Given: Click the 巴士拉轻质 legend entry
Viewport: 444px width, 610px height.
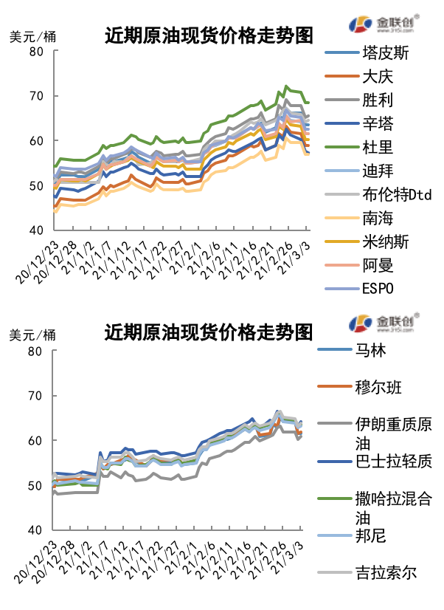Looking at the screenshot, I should pos(392,461).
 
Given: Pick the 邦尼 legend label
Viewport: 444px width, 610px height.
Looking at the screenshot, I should pos(370,535).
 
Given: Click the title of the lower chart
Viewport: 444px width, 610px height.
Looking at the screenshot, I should pos(208,332).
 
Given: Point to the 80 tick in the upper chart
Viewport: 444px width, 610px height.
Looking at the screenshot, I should pos(35,52).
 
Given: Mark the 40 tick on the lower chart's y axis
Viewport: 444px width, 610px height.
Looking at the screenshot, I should pos(35,530).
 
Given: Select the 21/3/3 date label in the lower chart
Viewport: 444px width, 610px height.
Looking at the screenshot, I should pos(290,555).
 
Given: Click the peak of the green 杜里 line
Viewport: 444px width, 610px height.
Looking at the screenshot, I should pos(286,86).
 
